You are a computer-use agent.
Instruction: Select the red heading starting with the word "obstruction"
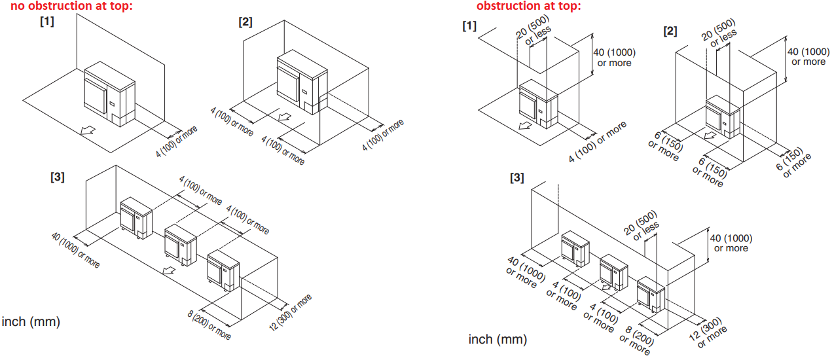[x=528, y=7]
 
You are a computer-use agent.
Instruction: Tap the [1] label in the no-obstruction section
[x=46, y=22]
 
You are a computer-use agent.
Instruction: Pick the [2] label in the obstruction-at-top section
[x=670, y=31]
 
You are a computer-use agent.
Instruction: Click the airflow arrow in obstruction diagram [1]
[x=523, y=126]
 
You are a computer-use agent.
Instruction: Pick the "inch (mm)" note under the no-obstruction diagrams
[x=31, y=321]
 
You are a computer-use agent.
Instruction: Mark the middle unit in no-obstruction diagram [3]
[x=181, y=245]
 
